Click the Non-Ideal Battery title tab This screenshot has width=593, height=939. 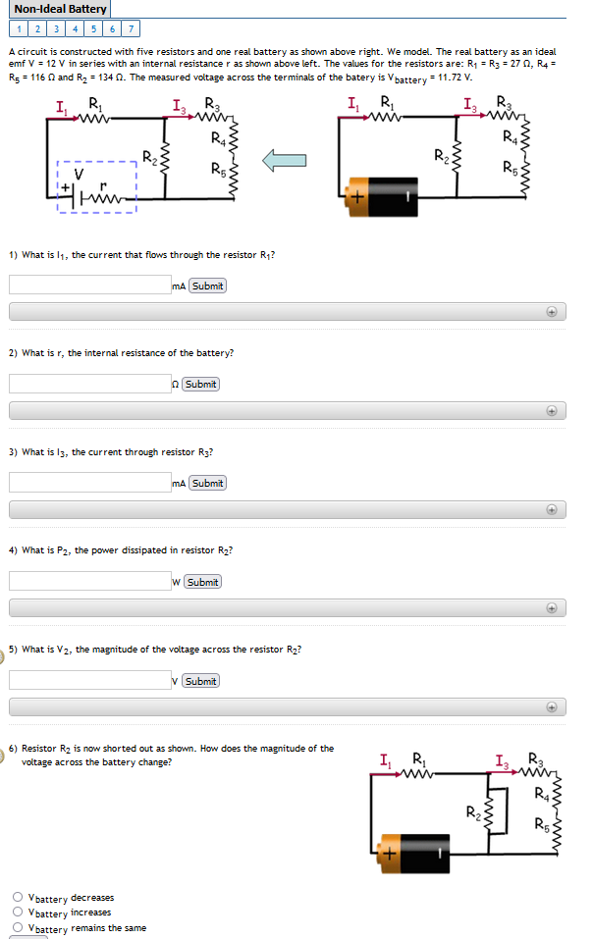[x=60, y=9]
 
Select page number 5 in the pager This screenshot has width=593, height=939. [x=95, y=28]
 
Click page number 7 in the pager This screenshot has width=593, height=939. [x=131, y=28]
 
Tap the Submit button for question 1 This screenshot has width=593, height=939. [x=207, y=286]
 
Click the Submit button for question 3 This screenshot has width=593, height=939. [x=207, y=483]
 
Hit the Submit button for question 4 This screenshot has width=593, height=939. [x=201, y=582]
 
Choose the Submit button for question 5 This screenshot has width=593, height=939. [x=200, y=681]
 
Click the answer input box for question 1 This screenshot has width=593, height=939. [x=89, y=286]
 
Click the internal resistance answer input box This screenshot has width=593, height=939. [x=89, y=384]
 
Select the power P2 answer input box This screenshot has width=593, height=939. [x=89, y=582]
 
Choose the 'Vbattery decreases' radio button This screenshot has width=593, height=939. [x=18, y=897]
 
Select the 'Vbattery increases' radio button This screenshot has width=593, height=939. [x=18, y=912]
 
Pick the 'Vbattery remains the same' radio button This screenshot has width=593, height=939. [x=18, y=927]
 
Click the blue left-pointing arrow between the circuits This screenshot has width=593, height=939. [x=286, y=160]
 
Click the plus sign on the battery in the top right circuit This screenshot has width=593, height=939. [x=356, y=198]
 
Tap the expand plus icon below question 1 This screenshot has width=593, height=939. [x=552, y=311]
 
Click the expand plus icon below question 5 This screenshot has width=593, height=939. [x=552, y=706]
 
